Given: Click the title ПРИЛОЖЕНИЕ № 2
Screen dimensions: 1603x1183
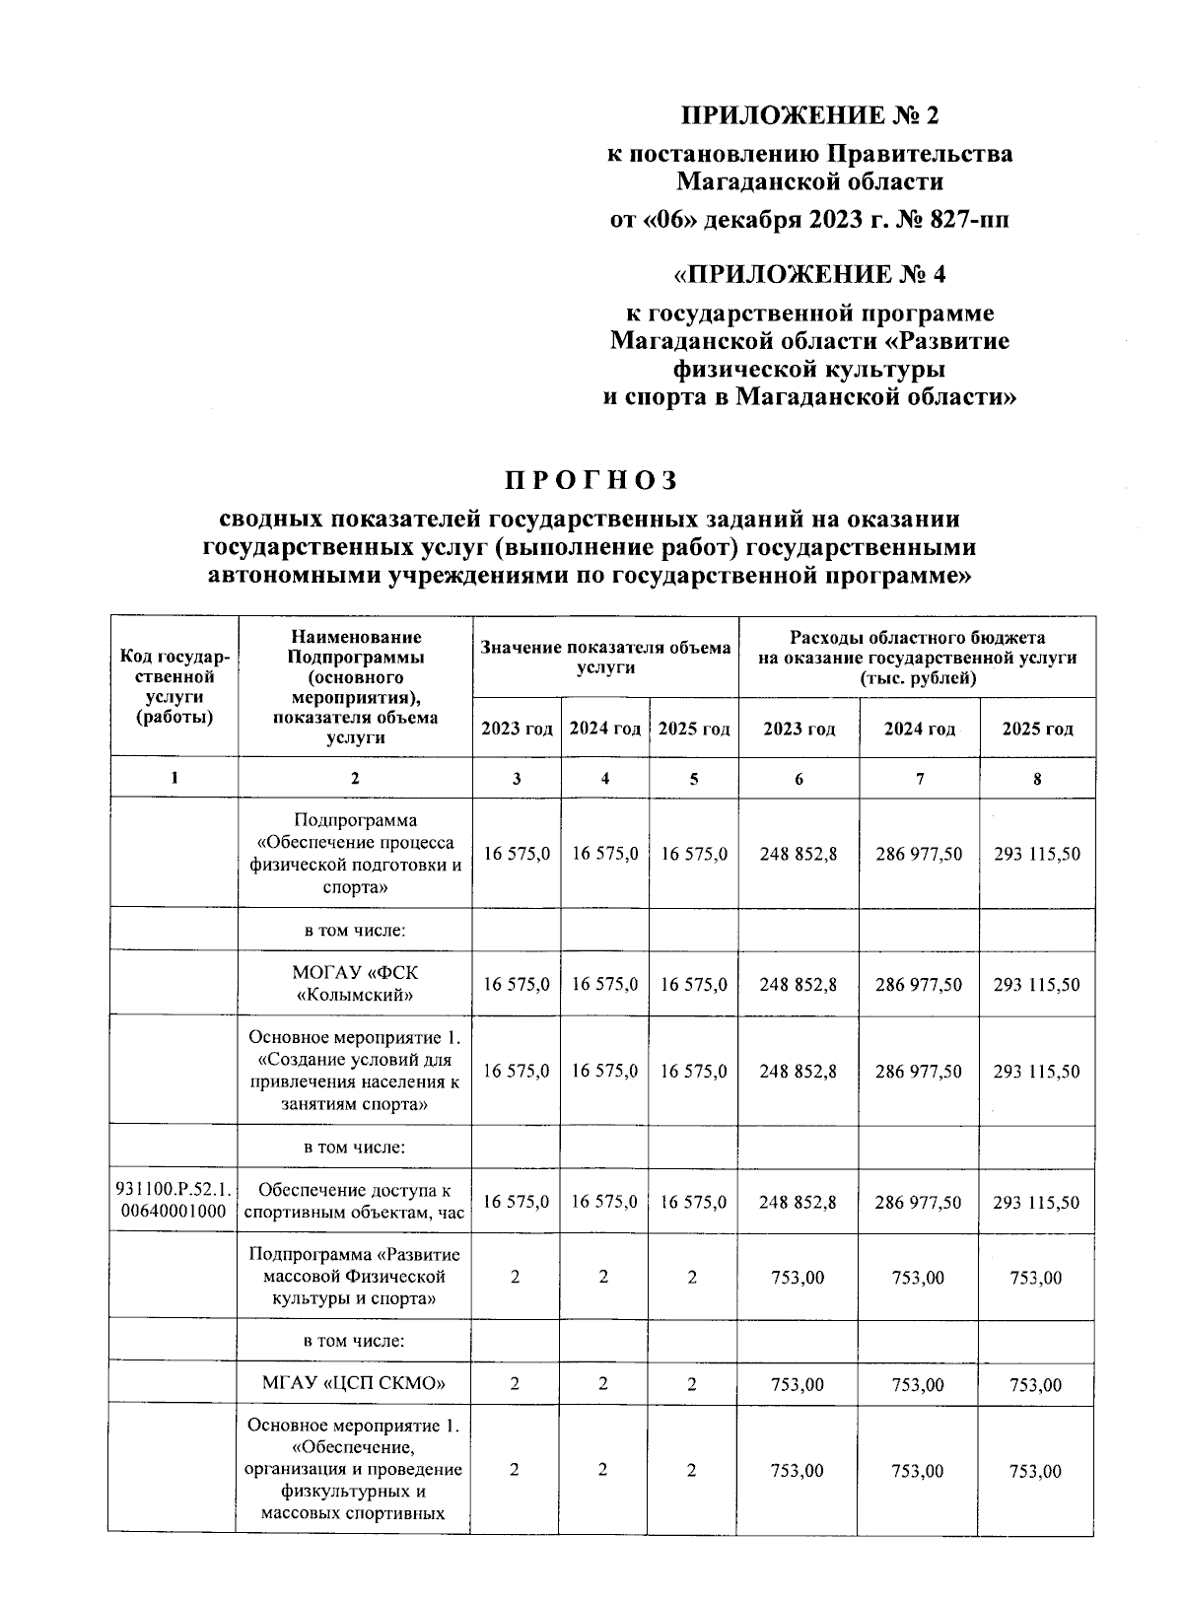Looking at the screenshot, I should [810, 116].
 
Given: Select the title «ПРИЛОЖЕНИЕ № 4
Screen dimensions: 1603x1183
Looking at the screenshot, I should [810, 272].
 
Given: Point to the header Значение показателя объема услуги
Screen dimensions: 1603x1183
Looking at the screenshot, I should [605, 657].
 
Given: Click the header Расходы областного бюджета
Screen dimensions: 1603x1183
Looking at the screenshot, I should [917, 657].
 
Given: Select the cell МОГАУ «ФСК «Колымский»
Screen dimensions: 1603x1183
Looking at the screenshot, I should [355, 984].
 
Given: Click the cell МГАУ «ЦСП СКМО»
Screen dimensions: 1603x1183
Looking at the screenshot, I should [355, 1384].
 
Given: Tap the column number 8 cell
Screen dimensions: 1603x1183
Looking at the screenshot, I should [1036, 778].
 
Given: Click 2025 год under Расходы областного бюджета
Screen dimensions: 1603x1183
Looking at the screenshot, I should [1037, 729].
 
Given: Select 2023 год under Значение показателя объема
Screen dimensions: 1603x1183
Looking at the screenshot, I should [517, 729].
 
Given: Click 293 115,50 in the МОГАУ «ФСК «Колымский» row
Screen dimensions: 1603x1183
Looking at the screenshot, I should [1036, 984].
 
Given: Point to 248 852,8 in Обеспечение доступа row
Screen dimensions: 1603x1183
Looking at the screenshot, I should [799, 1202].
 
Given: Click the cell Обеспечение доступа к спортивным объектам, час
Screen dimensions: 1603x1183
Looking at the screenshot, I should [355, 1202].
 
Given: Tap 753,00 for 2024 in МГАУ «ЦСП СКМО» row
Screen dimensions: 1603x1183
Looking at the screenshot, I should [918, 1384].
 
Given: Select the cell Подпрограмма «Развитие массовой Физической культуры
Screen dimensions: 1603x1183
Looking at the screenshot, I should [355, 1277].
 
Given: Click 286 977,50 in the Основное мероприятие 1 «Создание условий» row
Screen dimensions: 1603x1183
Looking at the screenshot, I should [918, 1071].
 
